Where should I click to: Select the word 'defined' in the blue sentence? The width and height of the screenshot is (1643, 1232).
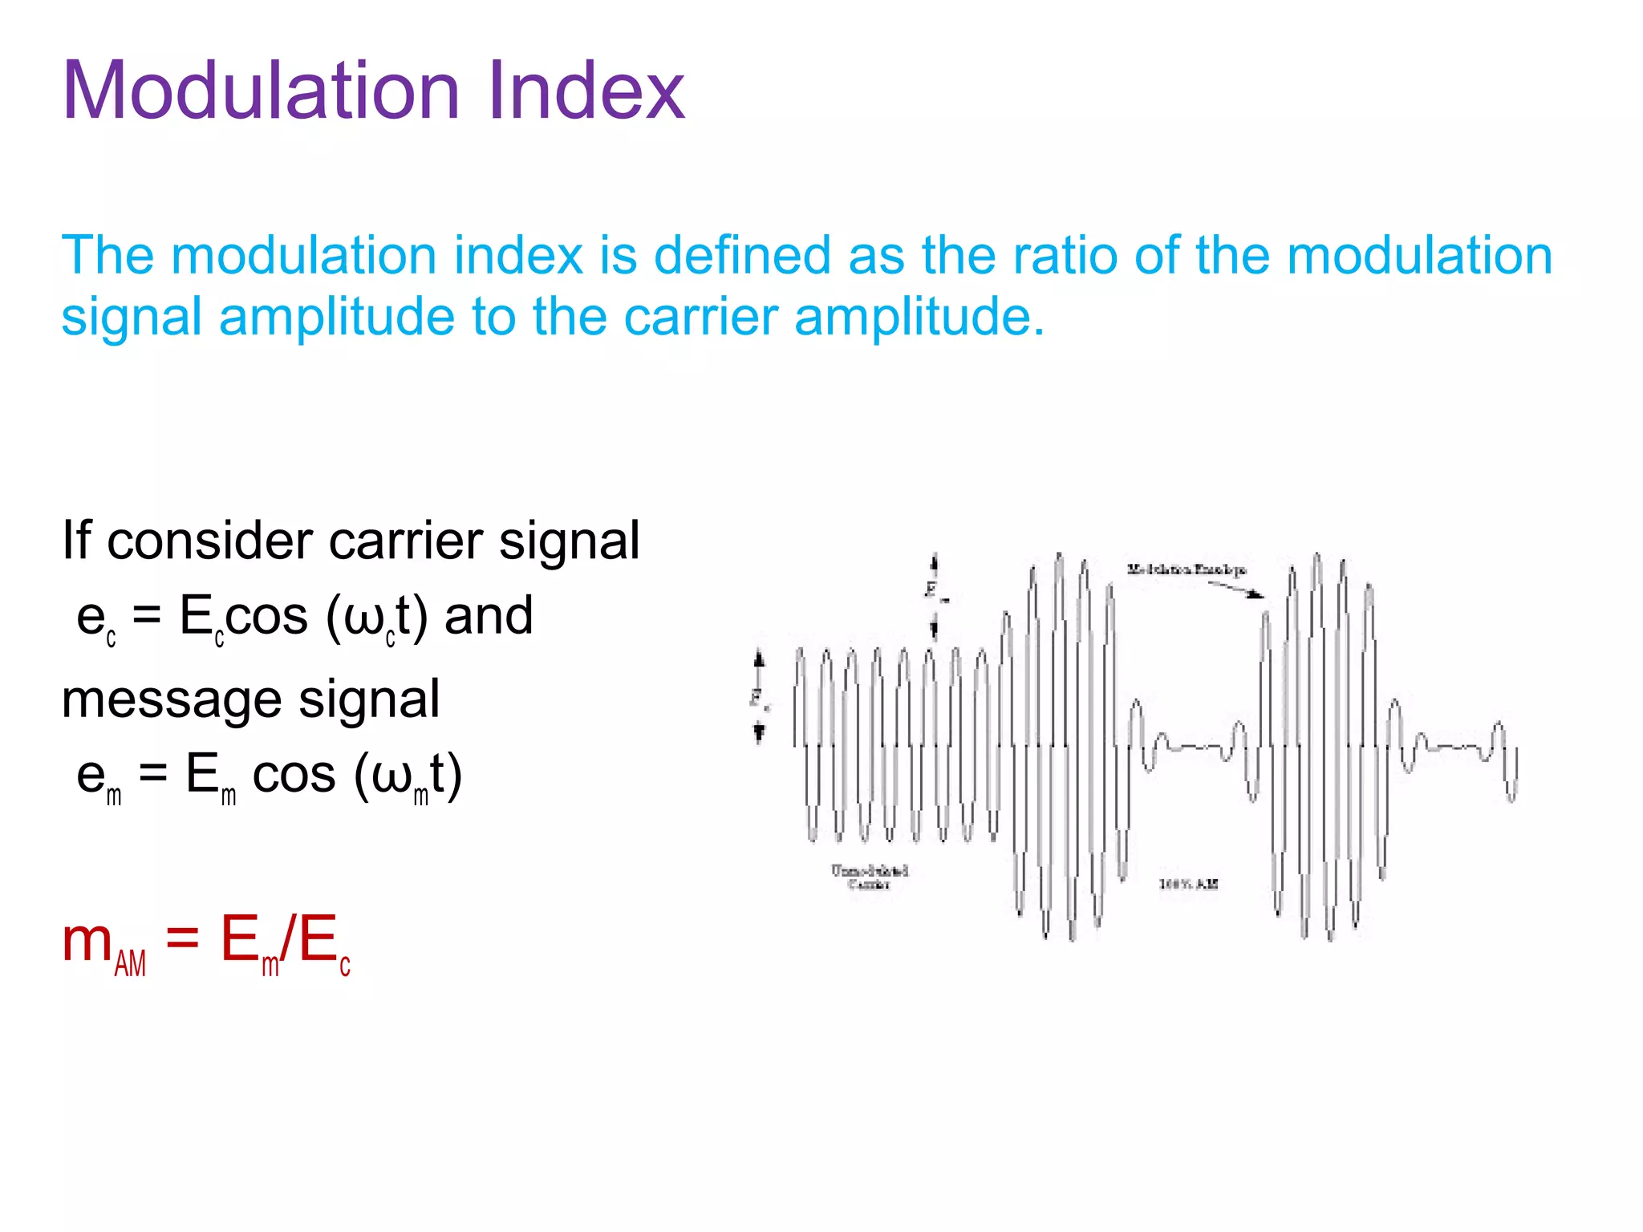[x=742, y=255]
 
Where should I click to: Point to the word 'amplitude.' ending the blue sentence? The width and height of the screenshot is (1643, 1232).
[x=919, y=317]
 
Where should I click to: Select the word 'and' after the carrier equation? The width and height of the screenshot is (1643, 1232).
[x=489, y=616]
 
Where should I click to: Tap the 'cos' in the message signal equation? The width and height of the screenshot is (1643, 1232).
[x=294, y=775]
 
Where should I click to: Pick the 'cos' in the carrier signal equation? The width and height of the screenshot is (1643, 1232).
[x=266, y=616]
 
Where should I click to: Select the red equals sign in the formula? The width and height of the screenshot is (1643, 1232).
[x=182, y=938]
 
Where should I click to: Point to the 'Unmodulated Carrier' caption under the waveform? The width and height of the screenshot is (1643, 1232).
[x=869, y=877]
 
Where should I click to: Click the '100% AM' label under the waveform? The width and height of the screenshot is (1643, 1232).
[x=1188, y=884]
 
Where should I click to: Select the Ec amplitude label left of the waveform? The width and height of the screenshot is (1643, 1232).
[x=759, y=698]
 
